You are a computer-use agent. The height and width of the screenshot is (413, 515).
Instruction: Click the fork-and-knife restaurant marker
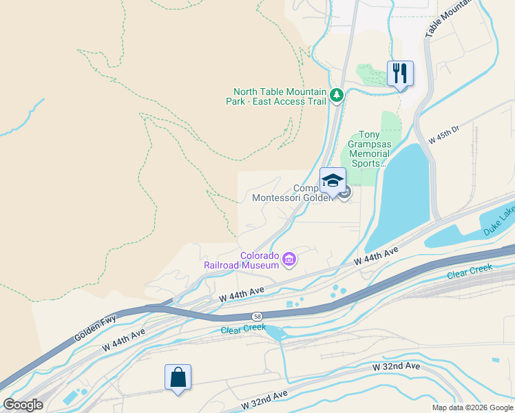(400, 73)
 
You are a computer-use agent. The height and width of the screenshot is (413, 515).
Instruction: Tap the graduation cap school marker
(333, 181)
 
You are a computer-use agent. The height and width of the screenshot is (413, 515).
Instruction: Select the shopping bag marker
(178, 377)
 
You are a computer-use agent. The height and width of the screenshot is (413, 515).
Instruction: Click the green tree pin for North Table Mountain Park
(337, 96)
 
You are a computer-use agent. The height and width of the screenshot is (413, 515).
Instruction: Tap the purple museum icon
(289, 260)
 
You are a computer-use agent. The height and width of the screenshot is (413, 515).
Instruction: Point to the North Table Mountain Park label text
(277, 96)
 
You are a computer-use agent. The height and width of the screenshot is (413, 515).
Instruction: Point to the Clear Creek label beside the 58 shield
(243, 330)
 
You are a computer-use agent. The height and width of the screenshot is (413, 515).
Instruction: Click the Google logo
(23, 405)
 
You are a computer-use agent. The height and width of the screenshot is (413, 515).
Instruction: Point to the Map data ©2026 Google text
(472, 407)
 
